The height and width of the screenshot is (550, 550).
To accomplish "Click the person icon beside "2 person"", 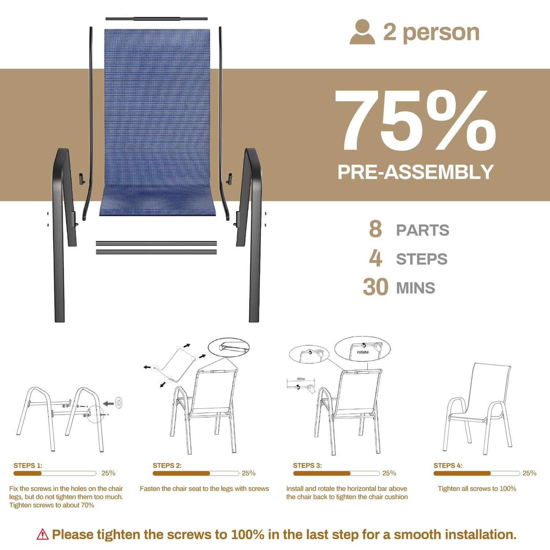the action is click(362, 32).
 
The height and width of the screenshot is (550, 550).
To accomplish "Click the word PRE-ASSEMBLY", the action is click(415, 172).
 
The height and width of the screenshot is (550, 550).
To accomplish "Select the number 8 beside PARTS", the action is click(375, 229).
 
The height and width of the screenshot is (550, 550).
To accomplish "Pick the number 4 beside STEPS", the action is click(375, 258).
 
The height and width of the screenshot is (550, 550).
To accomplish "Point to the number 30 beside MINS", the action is click(375, 287).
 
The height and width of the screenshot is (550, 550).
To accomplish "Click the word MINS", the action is click(416, 288).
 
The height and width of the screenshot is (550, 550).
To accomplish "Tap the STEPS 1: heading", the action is click(28, 466).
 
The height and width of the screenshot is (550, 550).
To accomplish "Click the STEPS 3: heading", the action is click(307, 466).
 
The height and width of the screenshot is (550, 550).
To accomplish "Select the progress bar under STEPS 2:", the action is click(196, 473).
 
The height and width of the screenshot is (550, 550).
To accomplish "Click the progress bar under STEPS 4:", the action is click(477, 473).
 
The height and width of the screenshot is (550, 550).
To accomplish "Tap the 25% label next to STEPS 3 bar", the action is click(389, 473).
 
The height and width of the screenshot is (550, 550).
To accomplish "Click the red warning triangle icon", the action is click(43, 534).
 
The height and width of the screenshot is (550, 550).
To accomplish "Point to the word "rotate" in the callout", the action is click(363, 352).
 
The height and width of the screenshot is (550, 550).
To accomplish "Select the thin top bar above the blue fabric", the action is click(157, 19).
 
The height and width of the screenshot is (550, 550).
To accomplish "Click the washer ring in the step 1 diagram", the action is click(119, 403).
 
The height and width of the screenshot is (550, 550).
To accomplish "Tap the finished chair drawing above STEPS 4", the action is click(477, 408).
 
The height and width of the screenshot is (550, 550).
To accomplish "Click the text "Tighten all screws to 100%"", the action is click(477, 489).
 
